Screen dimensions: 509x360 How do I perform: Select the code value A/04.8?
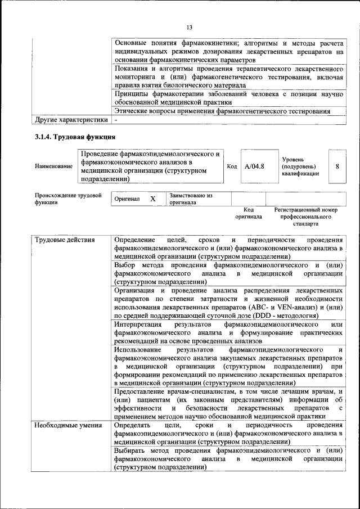point(255,166)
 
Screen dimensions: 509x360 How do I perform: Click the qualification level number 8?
point(337,166)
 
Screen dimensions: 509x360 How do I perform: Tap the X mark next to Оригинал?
point(152,199)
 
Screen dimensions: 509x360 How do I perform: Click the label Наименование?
point(53,166)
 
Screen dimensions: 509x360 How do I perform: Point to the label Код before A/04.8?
point(232,166)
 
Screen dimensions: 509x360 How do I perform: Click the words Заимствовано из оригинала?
point(190,199)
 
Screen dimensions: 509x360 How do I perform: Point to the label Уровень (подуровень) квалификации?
point(300,166)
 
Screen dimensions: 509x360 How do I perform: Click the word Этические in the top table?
point(131,111)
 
